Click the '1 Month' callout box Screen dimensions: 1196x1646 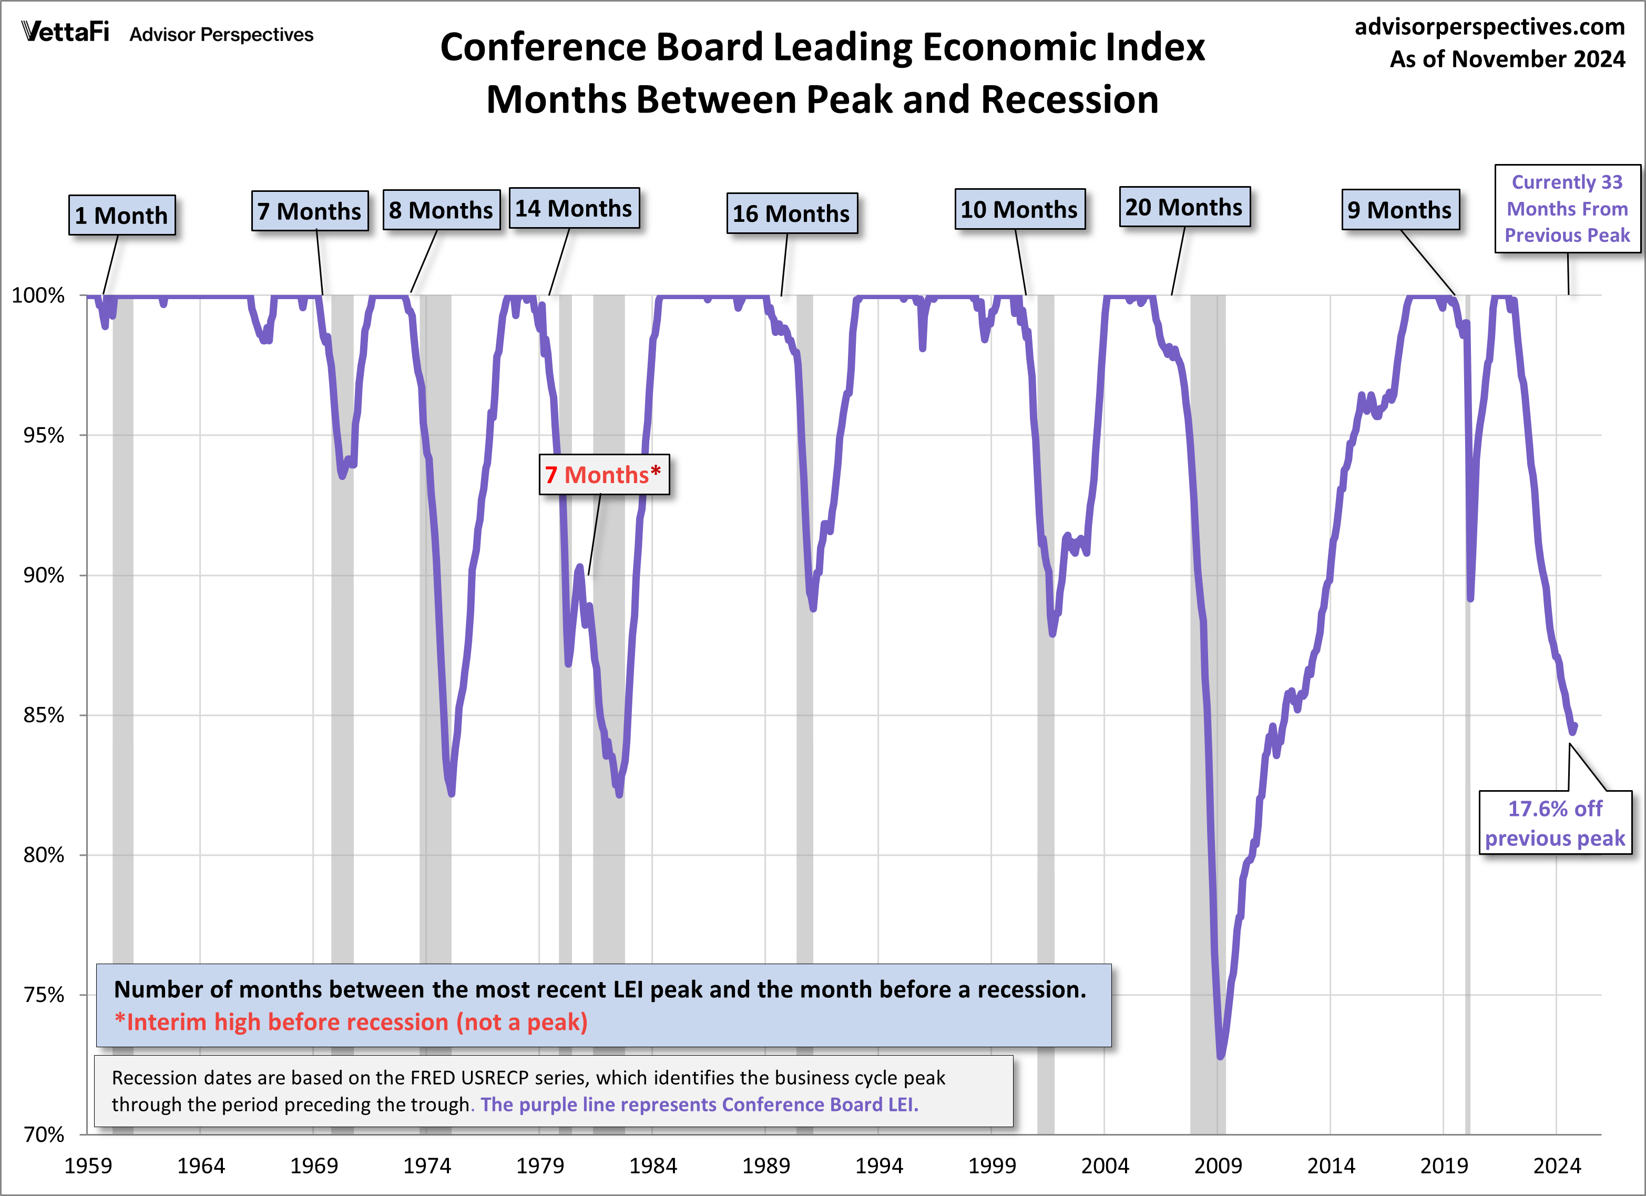pos(121,216)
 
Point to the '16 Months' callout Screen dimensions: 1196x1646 pos(791,213)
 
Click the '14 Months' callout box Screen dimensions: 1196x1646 pos(574,208)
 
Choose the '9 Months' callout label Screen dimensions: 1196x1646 pos(1399,210)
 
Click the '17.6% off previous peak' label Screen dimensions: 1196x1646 pos(1555,823)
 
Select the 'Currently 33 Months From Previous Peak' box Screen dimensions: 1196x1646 pos(1567,208)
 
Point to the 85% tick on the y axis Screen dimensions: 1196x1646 pos(44,715)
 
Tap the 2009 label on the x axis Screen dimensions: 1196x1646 pos(1217,1166)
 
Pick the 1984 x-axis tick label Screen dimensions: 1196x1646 pos(652,1166)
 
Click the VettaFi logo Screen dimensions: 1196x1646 pos(65,32)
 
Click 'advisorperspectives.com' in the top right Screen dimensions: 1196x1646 pos(1489,27)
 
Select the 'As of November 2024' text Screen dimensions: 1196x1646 pos(1507,59)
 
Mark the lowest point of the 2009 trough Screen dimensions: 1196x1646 pos(1220,1056)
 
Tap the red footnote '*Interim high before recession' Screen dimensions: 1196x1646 pos(351,1022)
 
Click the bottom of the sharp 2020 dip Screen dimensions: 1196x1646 pos(1470,599)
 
